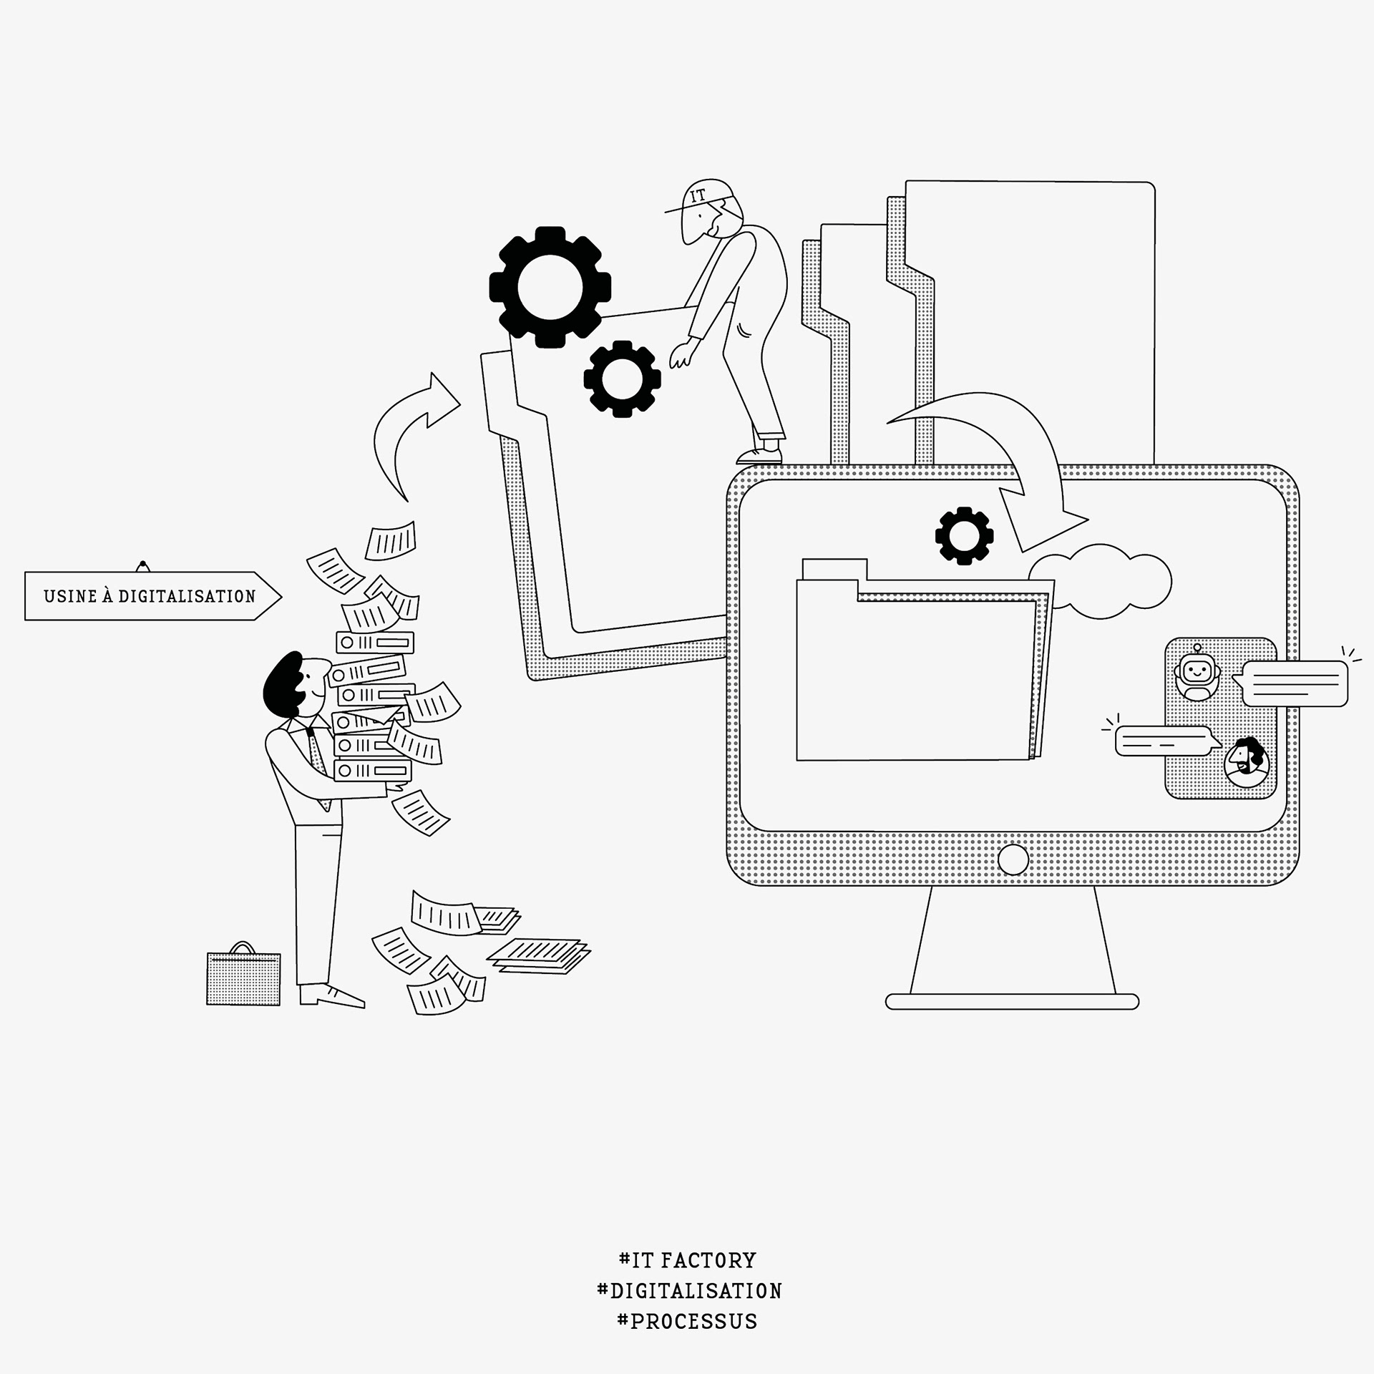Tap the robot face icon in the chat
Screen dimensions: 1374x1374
coord(1197,672)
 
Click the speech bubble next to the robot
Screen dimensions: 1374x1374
coord(1295,683)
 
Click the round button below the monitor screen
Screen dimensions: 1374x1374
coord(1013,859)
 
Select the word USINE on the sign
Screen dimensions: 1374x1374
coord(70,596)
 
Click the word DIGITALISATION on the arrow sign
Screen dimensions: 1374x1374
coord(187,596)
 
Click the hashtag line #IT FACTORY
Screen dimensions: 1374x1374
coord(687,1260)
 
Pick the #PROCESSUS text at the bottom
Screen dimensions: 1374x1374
coord(687,1321)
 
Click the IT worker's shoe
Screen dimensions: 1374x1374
coord(760,455)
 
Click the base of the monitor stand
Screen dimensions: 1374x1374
coord(1012,1001)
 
